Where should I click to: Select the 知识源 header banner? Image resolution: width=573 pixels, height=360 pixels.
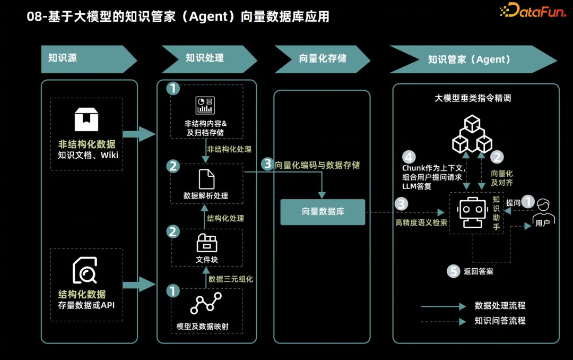pos(85,58)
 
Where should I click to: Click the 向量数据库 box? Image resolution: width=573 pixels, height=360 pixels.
pos(323,211)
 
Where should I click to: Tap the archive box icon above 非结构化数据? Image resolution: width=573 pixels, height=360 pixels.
pos(86,119)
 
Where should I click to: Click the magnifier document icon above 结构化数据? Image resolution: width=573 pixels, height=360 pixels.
pos(85,271)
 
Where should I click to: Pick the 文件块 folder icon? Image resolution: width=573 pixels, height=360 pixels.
pos(207,243)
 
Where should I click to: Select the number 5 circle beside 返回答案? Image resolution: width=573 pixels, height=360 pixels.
pos(453,271)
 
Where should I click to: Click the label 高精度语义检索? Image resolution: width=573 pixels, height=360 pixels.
pos(421,222)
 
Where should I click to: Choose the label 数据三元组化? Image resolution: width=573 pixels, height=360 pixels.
pos(231,279)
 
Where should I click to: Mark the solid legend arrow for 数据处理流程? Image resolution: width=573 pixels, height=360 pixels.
pos(443,306)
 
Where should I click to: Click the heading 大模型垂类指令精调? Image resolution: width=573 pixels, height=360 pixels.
pos(473,98)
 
